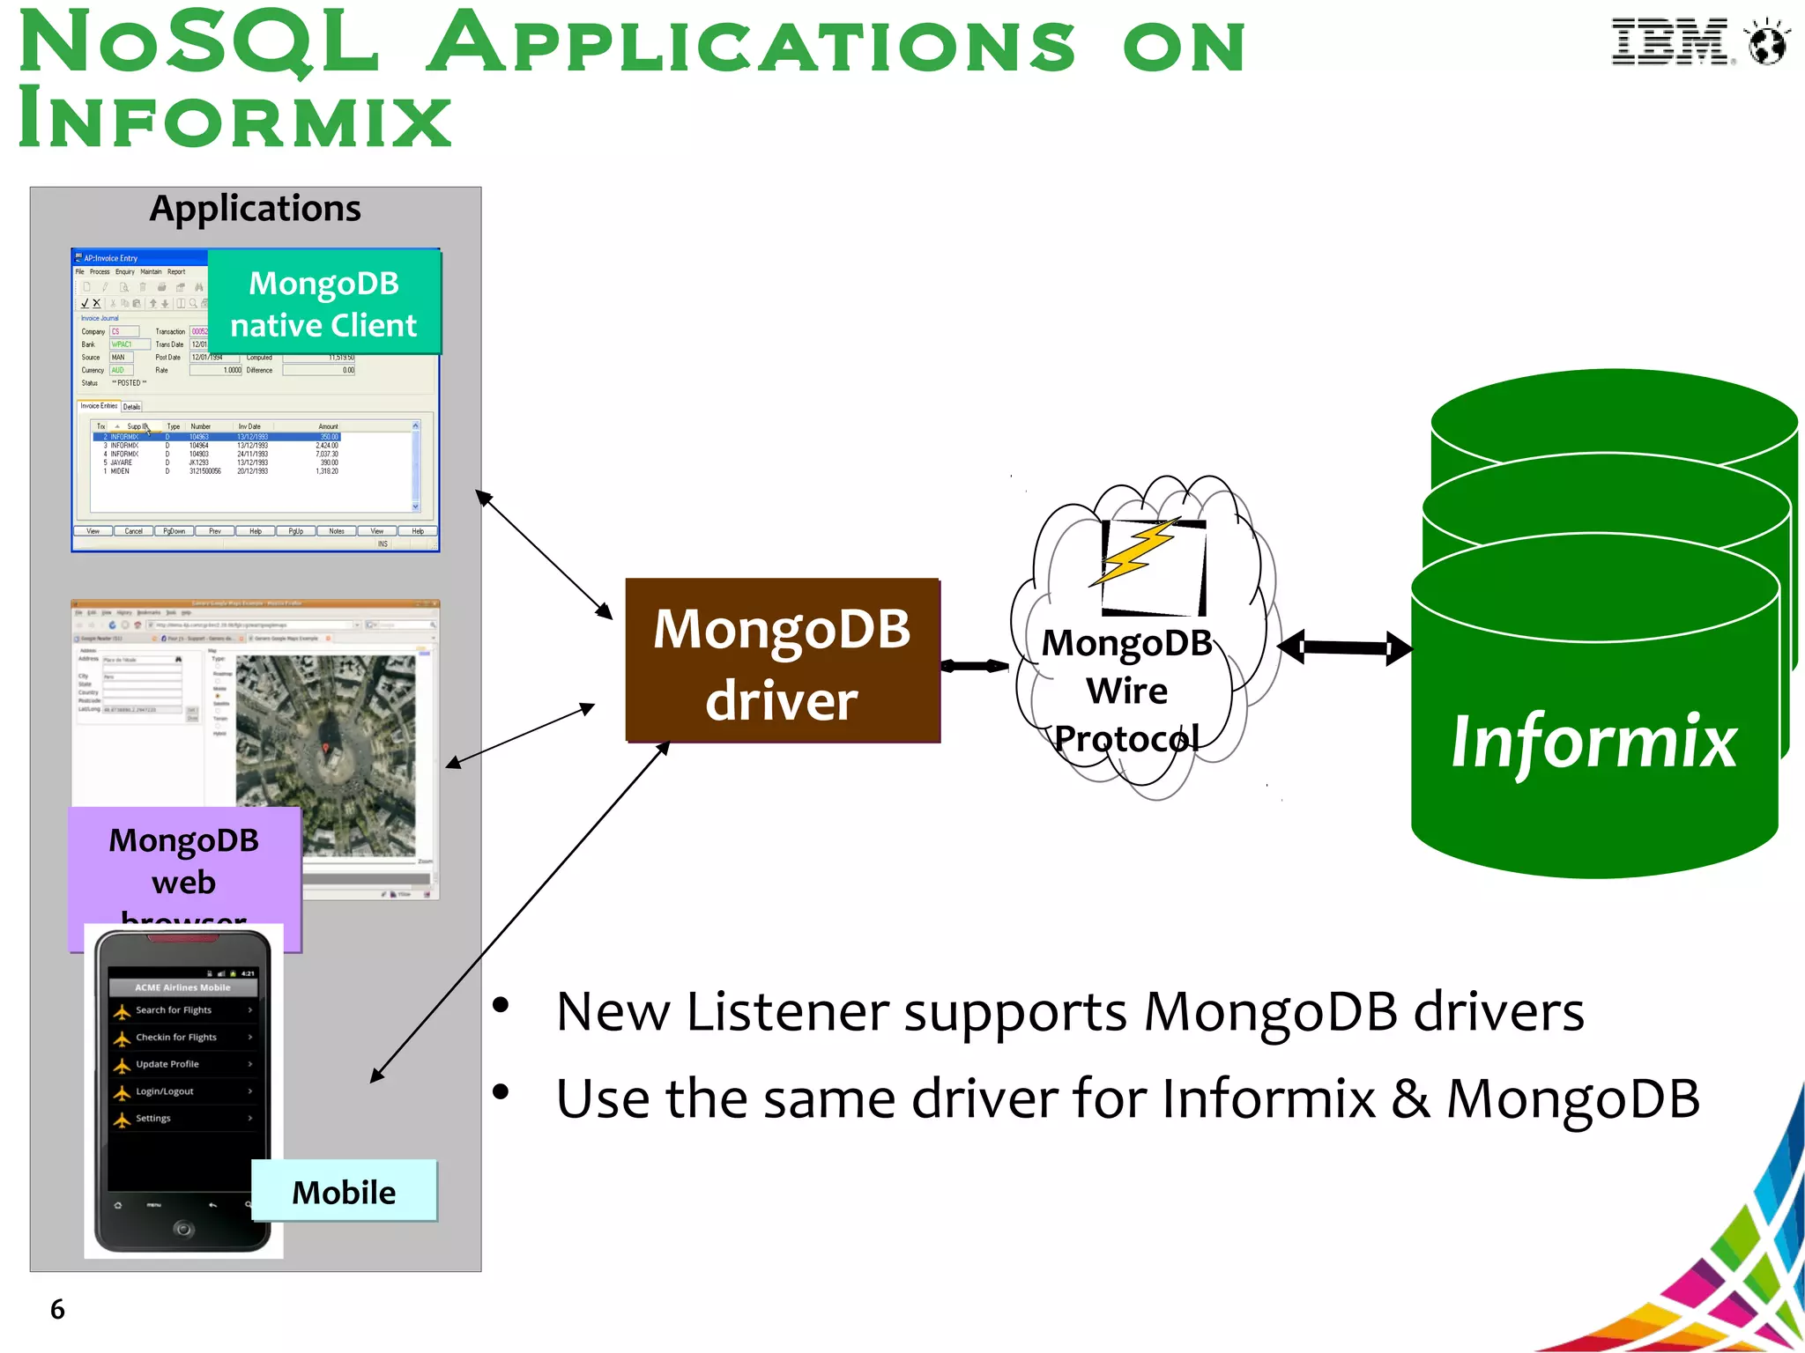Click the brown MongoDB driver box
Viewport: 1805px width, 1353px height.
click(x=782, y=661)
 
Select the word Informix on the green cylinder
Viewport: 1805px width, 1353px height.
click(x=1593, y=742)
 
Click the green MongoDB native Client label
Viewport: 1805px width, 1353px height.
click(x=323, y=303)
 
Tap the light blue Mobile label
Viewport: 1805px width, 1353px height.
click(x=344, y=1192)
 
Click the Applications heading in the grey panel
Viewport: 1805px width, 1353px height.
click(x=255, y=209)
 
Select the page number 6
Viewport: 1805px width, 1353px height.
click(x=57, y=1309)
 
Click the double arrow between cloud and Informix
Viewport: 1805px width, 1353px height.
click(x=1344, y=648)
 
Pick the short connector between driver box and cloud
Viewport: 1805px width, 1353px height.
click(x=974, y=666)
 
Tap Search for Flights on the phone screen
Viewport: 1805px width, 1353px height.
click(x=174, y=1010)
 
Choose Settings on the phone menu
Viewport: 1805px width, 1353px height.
click(x=153, y=1119)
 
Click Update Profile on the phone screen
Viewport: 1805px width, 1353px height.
click(x=167, y=1064)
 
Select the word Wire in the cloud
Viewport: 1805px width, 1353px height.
click(x=1126, y=691)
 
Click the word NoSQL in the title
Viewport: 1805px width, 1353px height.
click(x=198, y=44)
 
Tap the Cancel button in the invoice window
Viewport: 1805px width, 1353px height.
click(x=133, y=531)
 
